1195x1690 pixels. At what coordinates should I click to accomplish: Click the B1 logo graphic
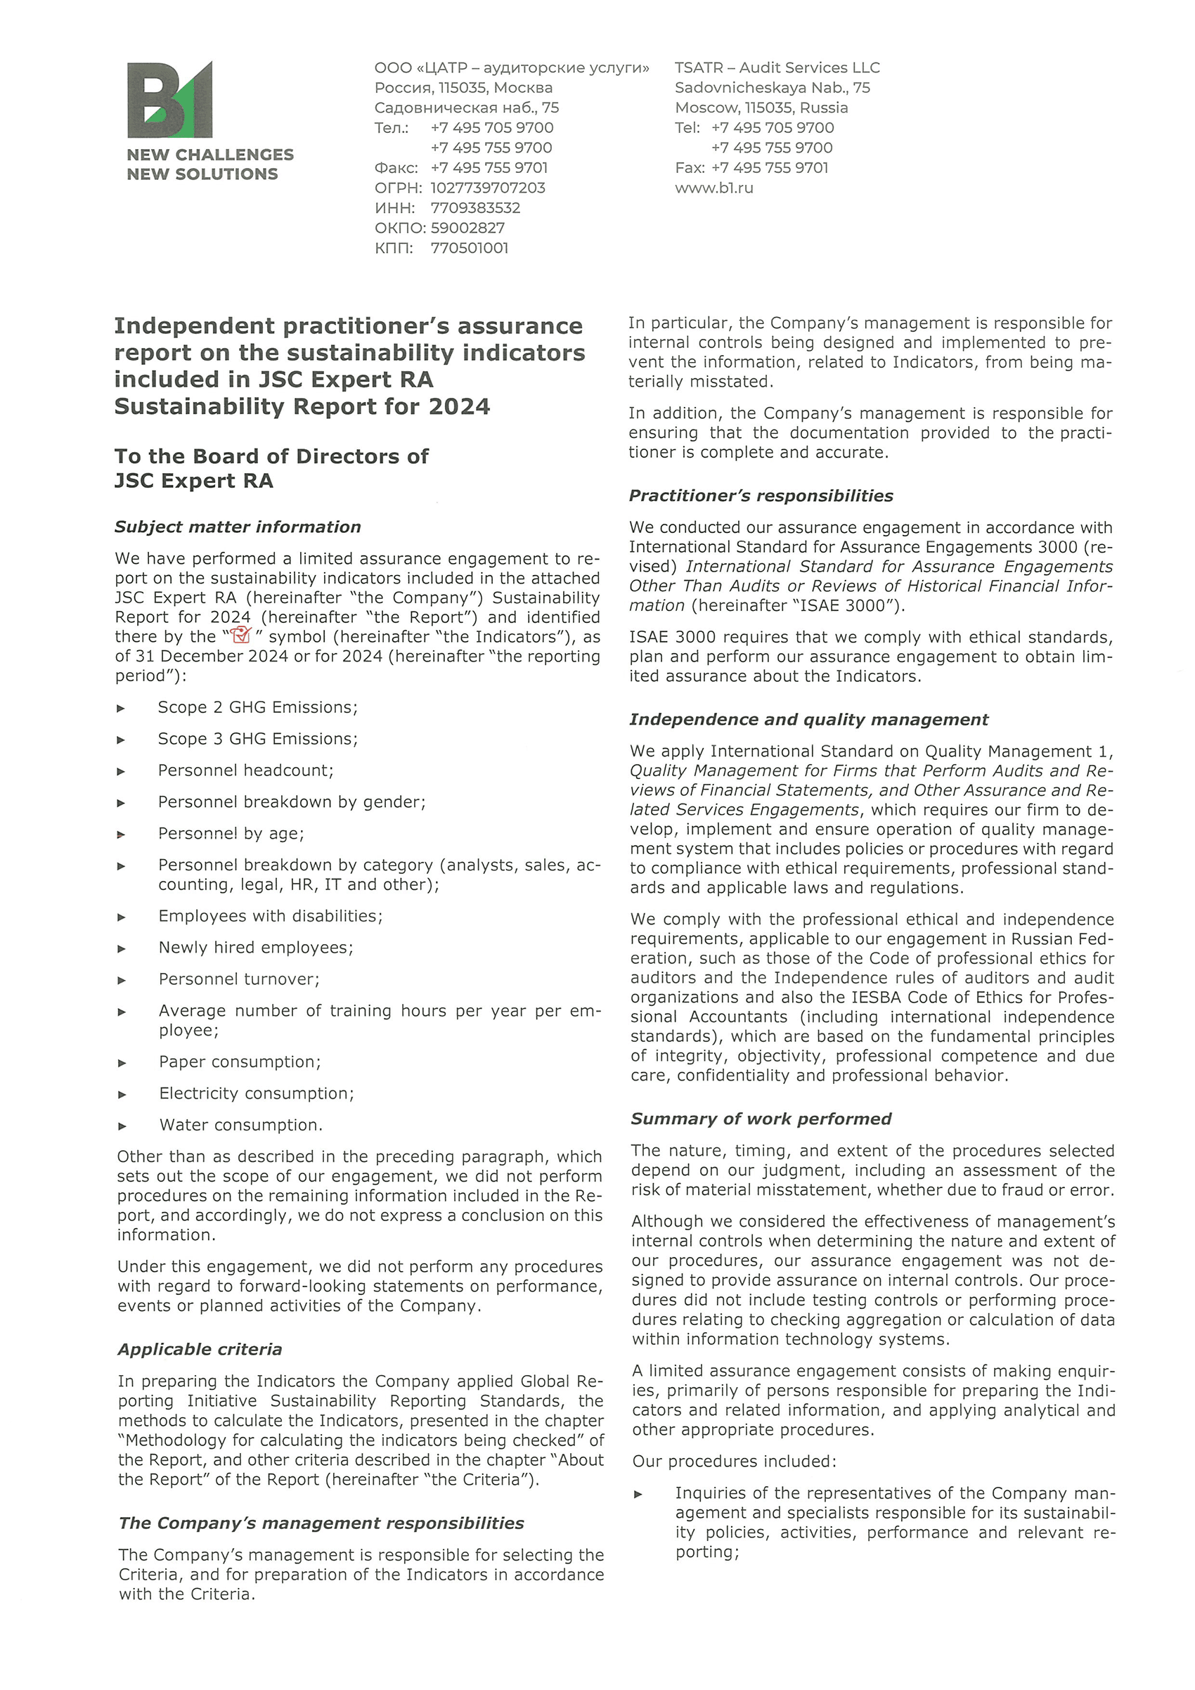click(x=170, y=99)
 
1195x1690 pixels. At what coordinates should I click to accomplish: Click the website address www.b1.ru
click(x=713, y=188)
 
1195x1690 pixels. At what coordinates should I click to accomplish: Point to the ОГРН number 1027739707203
click(x=488, y=188)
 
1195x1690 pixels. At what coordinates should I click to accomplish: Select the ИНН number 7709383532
click(x=475, y=207)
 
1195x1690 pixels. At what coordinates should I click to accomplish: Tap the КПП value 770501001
click(x=470, y=248)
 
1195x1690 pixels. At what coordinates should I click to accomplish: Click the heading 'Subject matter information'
click(x=238, y=527)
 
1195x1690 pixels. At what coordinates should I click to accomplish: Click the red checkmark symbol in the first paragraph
click(x=240, y=636)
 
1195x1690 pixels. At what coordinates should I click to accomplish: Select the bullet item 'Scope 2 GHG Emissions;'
click(x=257, y=707)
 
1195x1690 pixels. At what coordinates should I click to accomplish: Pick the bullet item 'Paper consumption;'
click(x=240, y=1062)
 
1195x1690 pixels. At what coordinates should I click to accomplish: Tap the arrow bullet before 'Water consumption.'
click(x=122, y=1126)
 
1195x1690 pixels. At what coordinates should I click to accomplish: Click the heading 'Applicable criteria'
click(x=200, y=1349)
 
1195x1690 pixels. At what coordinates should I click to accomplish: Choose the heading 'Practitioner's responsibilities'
click(x=761, y=496)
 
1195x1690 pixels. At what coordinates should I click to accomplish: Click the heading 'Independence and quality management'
click(x=808, y=719)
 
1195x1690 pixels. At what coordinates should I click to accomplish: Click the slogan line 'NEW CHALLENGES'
click(x=209, y=155)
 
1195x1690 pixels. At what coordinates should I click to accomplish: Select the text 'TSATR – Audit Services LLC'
click(x=777, y=67)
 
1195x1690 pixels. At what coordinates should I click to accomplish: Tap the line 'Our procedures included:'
click(x=734, y=1461)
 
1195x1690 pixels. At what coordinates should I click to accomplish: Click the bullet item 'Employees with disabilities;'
click(x=270, y=917)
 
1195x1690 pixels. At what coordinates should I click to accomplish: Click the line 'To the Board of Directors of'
click(x=271, y=456)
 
